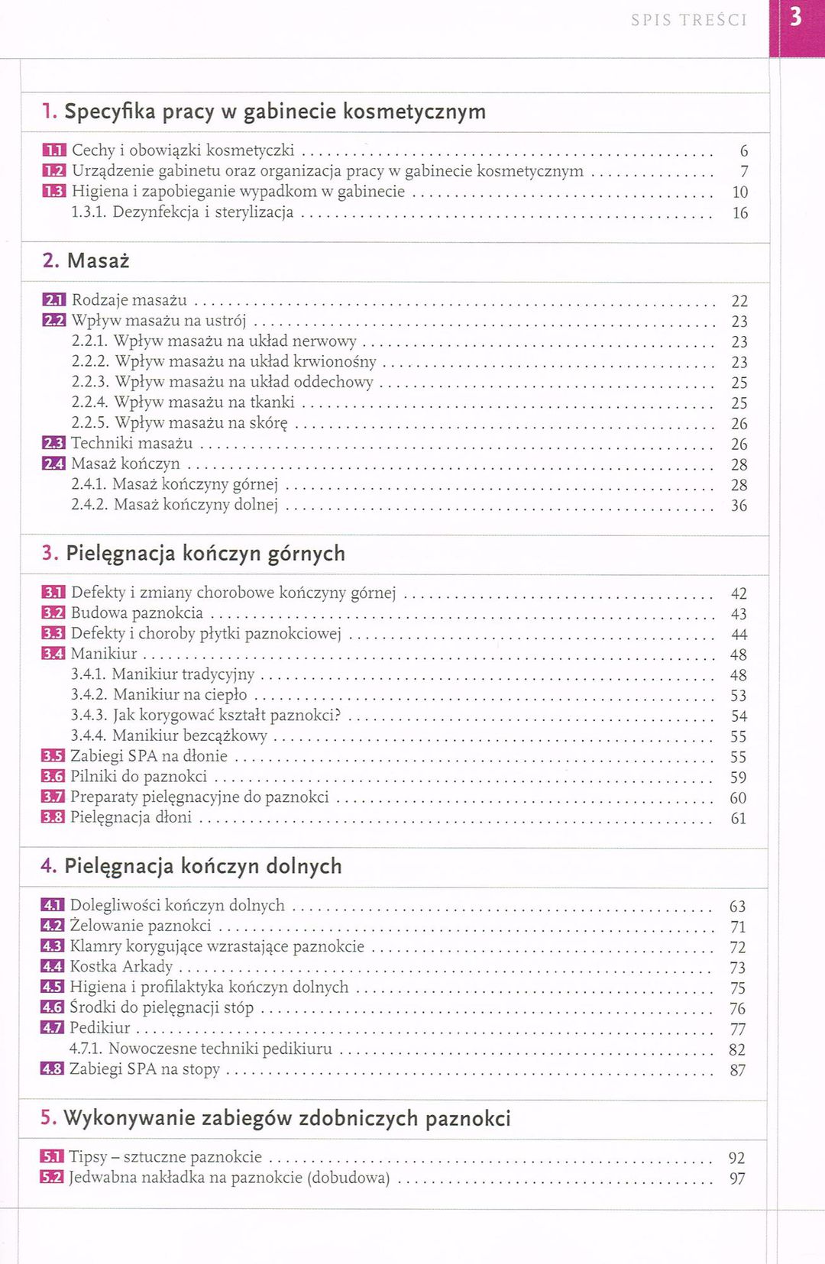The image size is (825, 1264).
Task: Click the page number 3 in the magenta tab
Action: coord(795,17)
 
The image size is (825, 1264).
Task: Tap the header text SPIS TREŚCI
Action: coord(688,21)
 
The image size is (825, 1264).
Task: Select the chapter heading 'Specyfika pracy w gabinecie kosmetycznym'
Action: coord(274,112)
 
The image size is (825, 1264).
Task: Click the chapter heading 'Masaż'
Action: coord(98,261)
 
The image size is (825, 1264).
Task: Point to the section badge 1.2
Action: coord(54,171)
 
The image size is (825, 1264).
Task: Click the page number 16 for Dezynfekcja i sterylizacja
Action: coord(739,213)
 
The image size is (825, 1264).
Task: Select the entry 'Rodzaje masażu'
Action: coord(129,300)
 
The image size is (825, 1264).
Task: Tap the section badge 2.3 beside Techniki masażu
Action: coord(53,443)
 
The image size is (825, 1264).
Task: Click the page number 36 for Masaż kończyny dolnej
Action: coord(739,506)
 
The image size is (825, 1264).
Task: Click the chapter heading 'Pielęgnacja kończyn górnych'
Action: coord(205,554)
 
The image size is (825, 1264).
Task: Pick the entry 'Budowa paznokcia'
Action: coord(137,613)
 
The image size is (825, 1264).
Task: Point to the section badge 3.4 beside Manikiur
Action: coord(53,654)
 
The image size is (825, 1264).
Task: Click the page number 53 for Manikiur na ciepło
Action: coord(738,696)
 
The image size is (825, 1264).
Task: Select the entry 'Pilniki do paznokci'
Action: coord(138,777)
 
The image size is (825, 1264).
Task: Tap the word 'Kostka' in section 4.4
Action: coord(94,967)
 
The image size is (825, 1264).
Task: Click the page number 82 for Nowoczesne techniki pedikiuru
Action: coord(736,1050)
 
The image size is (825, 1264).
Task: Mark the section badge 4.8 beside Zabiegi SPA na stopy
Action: coord(52,1069)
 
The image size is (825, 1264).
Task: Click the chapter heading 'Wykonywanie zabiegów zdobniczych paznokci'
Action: coord(286,1119)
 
